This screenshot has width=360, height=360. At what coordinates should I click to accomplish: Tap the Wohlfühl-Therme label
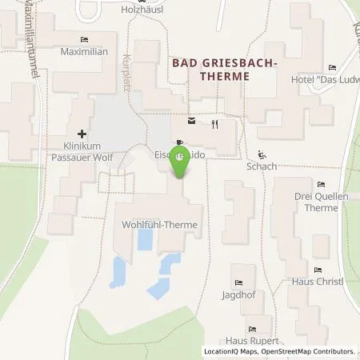[159, 225]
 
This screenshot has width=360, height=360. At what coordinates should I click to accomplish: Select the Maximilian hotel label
[84, 51]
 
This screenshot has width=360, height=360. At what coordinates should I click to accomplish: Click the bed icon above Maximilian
[84, 39]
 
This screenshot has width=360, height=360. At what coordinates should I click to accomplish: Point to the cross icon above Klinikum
[81, 134]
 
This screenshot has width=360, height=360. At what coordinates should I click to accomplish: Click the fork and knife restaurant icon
[215, 124]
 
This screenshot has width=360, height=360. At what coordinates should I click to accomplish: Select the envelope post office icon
[190, 122]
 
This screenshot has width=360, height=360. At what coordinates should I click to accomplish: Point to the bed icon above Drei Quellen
[321, 185]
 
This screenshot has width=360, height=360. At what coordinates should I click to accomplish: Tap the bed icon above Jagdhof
[238, 282]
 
